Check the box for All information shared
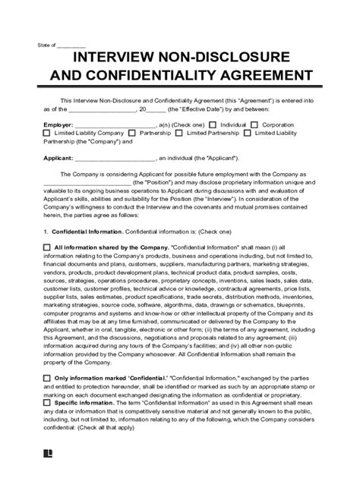click(47, 247)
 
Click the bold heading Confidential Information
click(87, 231)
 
